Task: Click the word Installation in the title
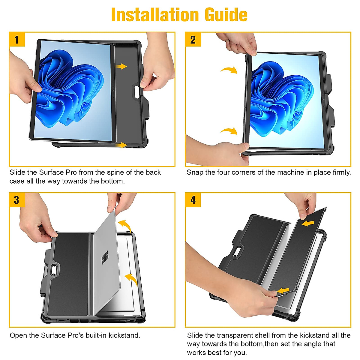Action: (155, 15)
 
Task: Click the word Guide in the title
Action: (226, 15)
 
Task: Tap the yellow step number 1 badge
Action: (17, 39)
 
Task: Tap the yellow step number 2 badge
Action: (193, 39)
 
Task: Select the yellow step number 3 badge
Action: (17, 200)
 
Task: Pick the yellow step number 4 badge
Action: (193, 200)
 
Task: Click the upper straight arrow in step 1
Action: (121, 66)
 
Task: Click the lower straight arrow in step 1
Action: (121, 145)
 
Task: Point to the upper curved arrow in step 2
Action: (229, 70)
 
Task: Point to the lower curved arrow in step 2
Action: (229, 131)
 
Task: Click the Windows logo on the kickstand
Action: (105, 258)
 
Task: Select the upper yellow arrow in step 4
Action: (308, 223)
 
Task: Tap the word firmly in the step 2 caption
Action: (342, 172)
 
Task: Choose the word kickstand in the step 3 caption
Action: (124, 335)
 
